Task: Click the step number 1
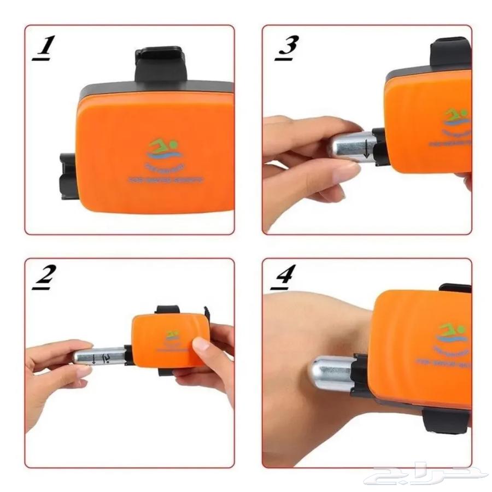[x=44, y=48]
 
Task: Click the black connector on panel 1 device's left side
[x=69, y=176]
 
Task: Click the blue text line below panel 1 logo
[x=166, y=179]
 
